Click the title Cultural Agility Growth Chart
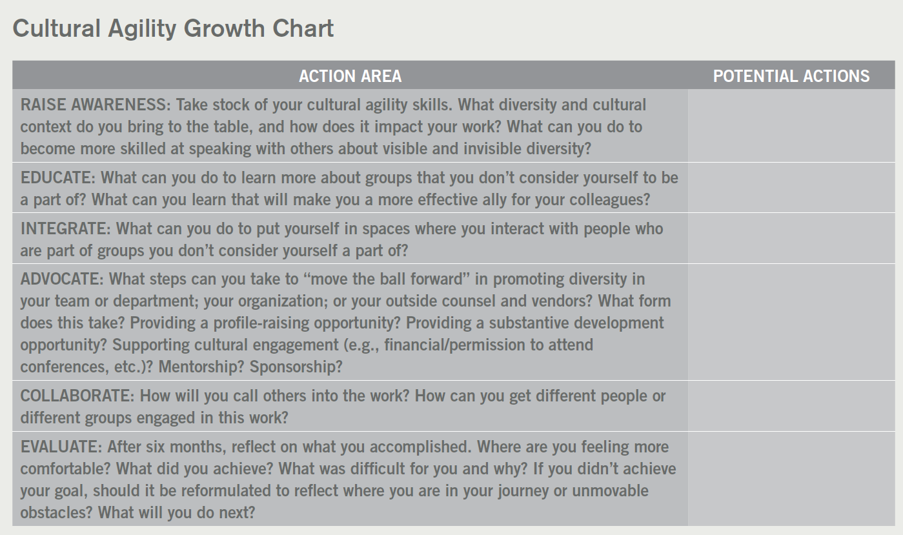pos(173,29)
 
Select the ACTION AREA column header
pos(350,76)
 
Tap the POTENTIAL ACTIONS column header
pos(791,76)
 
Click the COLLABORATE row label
pos(76,396)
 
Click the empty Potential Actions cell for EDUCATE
pos(791,188)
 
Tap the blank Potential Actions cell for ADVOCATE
pos(791,322)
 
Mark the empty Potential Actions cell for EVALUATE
pos(791,479)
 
